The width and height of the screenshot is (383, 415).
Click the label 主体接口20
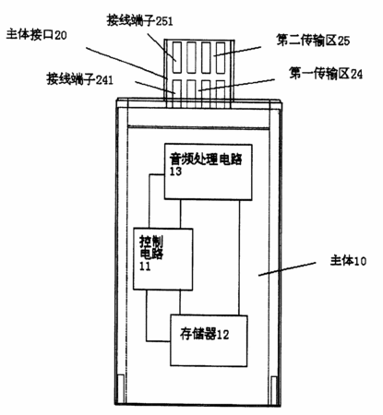pos(36,35)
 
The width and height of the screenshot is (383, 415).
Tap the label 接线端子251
pos(139,20)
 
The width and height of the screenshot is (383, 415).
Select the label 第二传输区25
pos(313,41)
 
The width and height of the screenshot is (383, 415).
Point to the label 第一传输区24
pos(326,74)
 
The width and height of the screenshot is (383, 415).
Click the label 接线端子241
pos(80,79)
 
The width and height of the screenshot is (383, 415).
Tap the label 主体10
pos(348,261)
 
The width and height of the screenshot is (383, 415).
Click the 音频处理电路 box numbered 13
pos(209,172)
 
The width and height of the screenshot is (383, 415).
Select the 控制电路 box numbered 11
pos(163,259)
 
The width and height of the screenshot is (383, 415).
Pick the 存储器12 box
pos(209,340)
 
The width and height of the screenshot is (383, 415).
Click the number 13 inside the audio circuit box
pos(175,172)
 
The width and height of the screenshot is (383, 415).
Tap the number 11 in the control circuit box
pos(145,267)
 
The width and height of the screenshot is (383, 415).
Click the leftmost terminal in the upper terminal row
pos(177,57)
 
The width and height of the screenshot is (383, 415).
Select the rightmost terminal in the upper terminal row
pos(221,57)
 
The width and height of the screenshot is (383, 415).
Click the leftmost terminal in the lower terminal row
pos(177,94)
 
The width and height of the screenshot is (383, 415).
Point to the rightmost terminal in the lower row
pos(221,94)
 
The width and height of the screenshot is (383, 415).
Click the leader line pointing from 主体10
pos(287,269)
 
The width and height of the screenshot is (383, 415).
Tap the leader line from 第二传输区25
pos(237,52)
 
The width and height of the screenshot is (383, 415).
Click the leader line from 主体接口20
pos(126,63)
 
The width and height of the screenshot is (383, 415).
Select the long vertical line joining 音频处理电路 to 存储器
pos(239,257)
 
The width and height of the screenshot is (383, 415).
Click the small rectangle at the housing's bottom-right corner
pos(274,390)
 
